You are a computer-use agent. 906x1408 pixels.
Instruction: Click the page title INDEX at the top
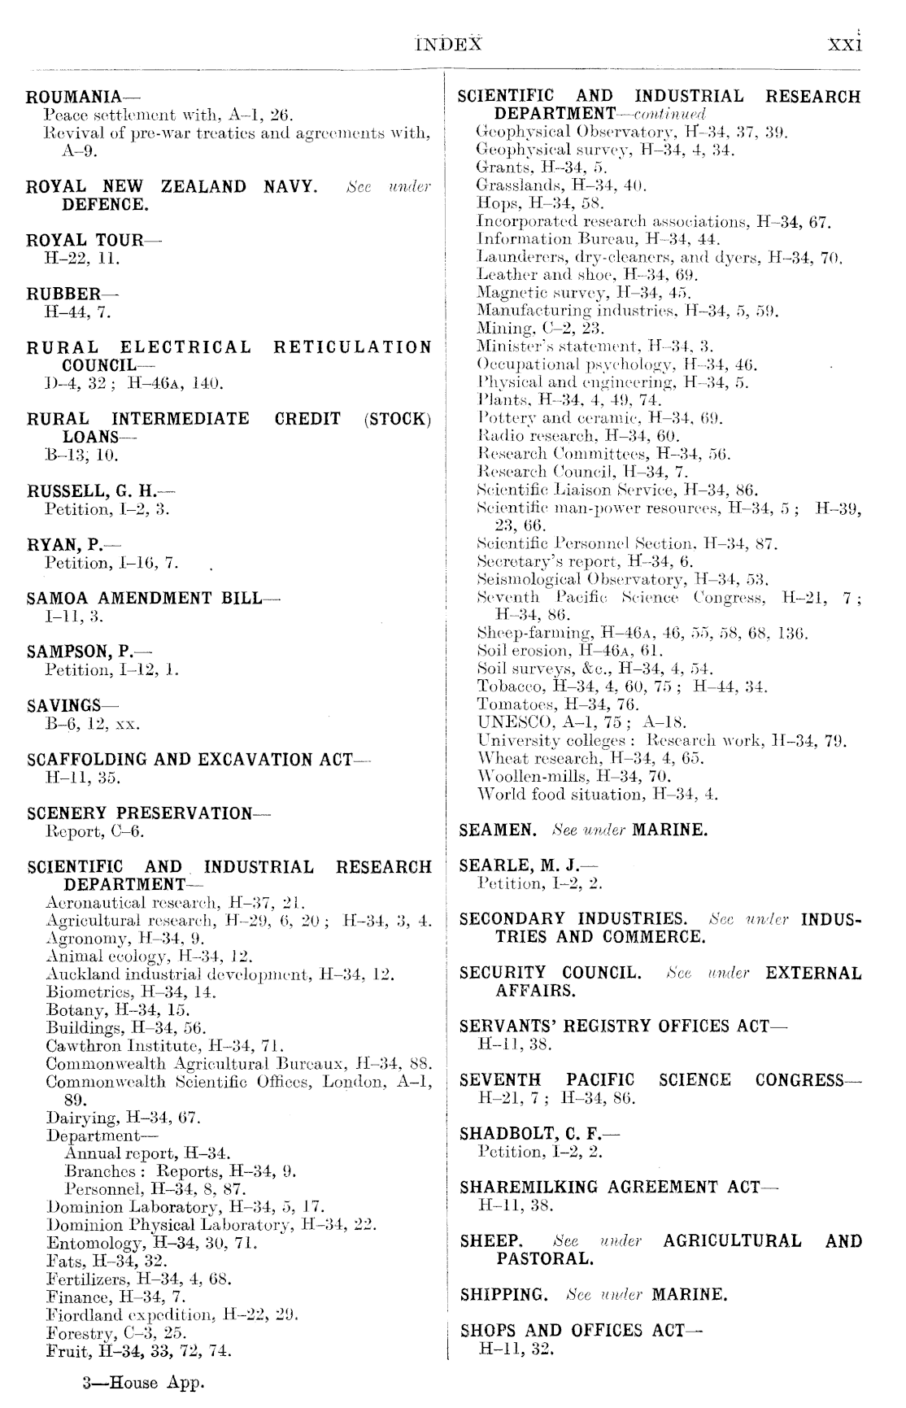[448, 44]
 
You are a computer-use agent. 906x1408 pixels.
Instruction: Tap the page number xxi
[844, 44]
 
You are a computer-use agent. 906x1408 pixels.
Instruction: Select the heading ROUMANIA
[74, 97]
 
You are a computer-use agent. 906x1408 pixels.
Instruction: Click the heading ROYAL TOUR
[84, 240]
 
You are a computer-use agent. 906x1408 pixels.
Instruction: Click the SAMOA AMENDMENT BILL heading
[144, 598]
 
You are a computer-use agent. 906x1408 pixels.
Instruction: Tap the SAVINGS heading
[64, 705]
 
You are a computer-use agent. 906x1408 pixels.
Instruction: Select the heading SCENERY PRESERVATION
[139, 813]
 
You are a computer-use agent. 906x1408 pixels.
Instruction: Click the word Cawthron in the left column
[76, 1045]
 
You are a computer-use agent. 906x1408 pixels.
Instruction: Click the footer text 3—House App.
[141, 1383]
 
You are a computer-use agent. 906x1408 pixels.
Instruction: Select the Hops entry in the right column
[494, 203]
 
